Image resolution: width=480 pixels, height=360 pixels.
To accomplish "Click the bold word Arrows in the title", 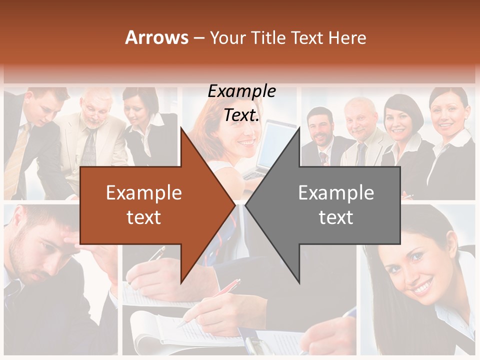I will (156, 37).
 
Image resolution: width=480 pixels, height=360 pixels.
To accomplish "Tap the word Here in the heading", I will (347, 37).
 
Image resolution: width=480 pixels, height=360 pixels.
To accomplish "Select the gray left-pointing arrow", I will (345, 205).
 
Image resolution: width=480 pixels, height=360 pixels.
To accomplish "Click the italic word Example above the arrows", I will (241, 91).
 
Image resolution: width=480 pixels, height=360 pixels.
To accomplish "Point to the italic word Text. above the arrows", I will (241, 115).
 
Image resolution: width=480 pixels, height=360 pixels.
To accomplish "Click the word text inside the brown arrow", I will (143, 217).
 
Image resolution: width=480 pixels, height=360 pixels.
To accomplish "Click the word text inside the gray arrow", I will (336, 217).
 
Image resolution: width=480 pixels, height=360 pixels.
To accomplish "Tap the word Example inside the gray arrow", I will (336, 192).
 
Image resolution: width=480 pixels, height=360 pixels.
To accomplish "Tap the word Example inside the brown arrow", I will (143, 192).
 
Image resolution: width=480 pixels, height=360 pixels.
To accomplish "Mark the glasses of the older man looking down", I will (95, 112).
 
